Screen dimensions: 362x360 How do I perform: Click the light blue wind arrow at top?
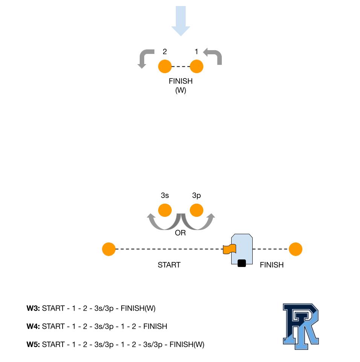click(181, 21)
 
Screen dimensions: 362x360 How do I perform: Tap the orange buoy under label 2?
click(165, 67)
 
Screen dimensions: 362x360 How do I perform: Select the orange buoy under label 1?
click(197, 67)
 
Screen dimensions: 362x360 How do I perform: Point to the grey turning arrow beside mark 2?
click(145, 57)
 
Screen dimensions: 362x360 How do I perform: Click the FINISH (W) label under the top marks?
click(181, 86)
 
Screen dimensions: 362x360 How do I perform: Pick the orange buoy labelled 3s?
click(165, 210)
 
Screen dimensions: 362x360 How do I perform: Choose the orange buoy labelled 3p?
click(197, 210)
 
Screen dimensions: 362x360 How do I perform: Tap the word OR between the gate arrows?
click(180, 233)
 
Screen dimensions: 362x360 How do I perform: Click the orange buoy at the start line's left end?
click(109, 249)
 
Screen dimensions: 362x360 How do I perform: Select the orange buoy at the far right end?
click(296, 249)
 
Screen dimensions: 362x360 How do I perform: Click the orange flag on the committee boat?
click(229, 249)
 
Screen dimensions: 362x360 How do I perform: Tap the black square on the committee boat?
click(242, 263)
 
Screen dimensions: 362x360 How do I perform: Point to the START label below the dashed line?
click(169, 265)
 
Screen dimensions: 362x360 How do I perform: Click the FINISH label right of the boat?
click(272, 265)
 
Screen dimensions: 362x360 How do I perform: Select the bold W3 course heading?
click(33, 308)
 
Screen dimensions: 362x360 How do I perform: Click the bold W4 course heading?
click(33, 327)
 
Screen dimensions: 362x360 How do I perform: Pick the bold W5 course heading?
click(33, 345)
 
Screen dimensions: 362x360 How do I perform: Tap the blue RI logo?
click(301, 326)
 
